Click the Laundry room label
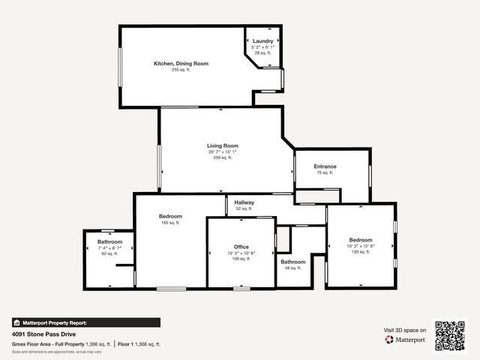262,40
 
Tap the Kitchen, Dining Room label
181,64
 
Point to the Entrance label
325,166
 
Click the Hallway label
244,202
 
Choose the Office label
241,247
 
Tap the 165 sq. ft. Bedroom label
170,216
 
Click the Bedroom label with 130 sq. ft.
360,240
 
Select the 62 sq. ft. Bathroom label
109,241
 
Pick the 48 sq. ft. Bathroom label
292,262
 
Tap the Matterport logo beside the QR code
406,340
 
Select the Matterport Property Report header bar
85,322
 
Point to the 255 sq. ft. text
181,70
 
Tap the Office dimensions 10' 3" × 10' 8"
241,253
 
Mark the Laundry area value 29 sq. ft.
262,53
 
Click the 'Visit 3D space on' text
405,330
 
